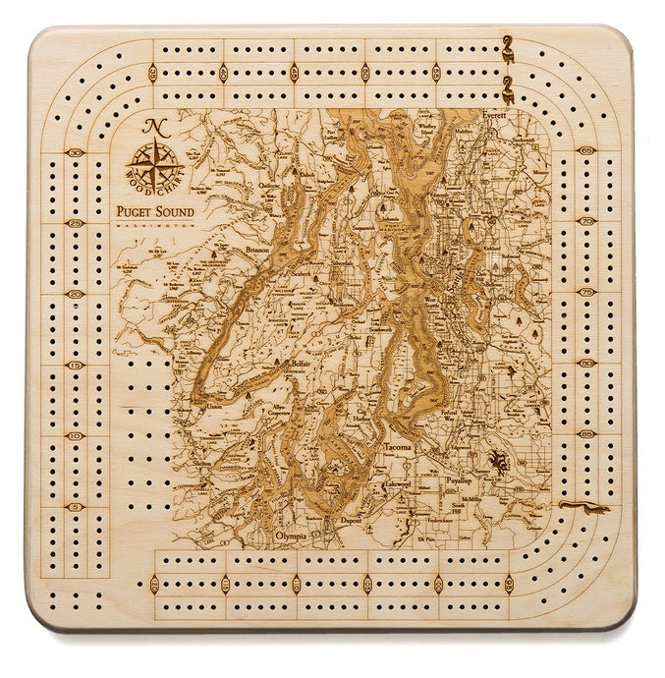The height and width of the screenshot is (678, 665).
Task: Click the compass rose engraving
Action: coord(152,160)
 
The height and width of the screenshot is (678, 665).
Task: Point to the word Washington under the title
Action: coord(147,225)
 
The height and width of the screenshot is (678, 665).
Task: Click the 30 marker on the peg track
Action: coord(76,153)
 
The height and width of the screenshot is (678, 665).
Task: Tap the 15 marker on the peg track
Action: coord(76,364)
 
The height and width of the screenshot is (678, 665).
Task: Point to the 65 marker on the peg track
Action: coord(586,149)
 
